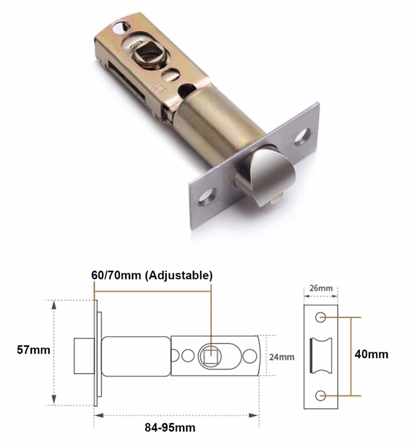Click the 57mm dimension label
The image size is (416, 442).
click(33, 350)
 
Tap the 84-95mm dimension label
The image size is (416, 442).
click(170, 427)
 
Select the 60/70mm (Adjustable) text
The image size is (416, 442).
click(152, 276)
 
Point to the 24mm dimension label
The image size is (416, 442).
click(282, 357)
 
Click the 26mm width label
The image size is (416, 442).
click(321, 288)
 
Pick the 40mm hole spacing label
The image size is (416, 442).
click(371, 354)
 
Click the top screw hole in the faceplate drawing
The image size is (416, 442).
click(320, 317)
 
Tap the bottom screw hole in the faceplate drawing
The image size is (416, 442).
click(320, 396)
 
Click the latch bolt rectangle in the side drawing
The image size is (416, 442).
click(84, 356)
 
